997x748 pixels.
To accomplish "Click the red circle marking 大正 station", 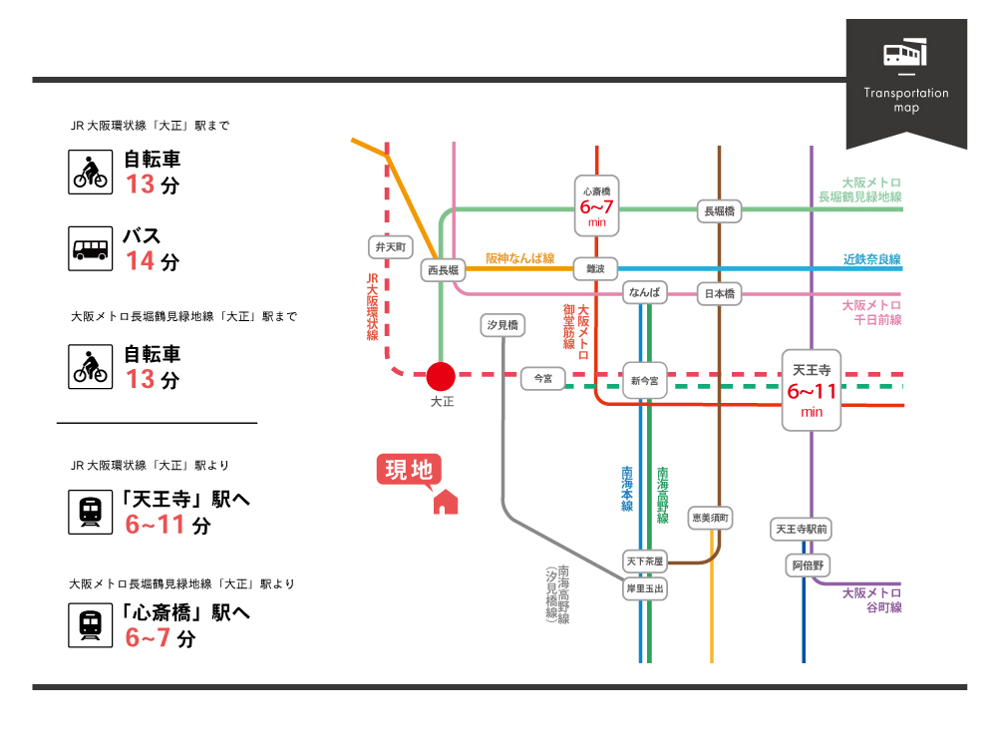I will coord(441,376).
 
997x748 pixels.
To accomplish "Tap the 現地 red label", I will coord(409,470).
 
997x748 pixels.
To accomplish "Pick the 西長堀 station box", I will coord(442,269).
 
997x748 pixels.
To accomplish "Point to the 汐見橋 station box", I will coord(501,325).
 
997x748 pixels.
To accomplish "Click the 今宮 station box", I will coord(542,378).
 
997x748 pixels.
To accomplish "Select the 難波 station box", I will coord(596,268).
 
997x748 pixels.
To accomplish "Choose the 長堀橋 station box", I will coord(720,210).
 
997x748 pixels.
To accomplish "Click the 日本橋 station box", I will coord(720,293).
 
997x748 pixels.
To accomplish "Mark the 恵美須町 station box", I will coord(711,517).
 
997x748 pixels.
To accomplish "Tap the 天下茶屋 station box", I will coord(644,561).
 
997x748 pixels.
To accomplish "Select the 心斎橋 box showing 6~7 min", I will coord(597,205).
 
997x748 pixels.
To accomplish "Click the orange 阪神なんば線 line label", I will coord(519,257).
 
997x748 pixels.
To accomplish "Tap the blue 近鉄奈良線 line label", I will coord(871,259).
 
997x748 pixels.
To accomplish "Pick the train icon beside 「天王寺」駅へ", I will coord(91,511).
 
